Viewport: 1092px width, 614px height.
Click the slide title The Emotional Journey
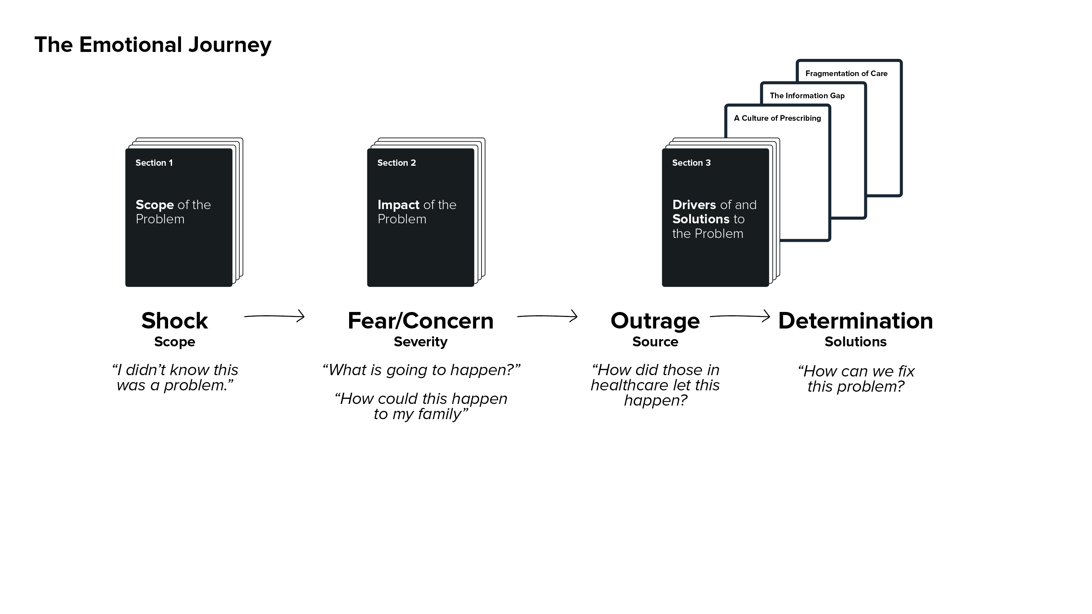coord(153,45)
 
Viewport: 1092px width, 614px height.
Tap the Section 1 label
coord(154,163)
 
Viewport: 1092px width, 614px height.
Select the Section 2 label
coord(396,163)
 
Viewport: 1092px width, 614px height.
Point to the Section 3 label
coord(691,163)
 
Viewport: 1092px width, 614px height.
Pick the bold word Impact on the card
coord(398,205)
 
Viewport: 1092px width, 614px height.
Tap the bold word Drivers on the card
coord(694,205)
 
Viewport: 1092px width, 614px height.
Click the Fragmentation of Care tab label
coord(846,74)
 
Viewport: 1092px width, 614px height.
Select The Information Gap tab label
coord(807,96)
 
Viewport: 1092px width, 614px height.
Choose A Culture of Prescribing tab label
coord(777,118)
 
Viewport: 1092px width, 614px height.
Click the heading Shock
coord(175,321)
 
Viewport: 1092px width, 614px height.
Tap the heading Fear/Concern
coord(421,321)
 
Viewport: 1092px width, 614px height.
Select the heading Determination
coord(855,321)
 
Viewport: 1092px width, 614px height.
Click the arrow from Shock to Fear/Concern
coord(274,316)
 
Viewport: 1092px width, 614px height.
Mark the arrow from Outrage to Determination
coord(740,316)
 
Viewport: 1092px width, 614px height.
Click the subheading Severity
coord(421,342)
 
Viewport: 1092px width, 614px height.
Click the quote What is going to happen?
coord(421,370)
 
